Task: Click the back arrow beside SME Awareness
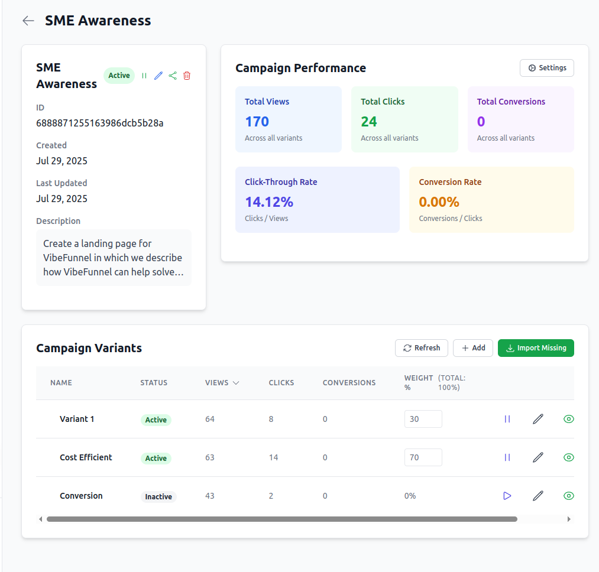[28, 21]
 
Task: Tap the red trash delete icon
[187, 76]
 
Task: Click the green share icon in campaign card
[173, 76]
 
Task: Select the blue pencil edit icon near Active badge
[158, 76]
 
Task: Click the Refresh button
[421, 348]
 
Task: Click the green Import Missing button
[536, 348]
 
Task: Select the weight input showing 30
[423, 419]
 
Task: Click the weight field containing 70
[423, 457]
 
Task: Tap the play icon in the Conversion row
[507, 496]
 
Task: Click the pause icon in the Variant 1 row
[507, 419]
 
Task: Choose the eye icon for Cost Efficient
[568, 457]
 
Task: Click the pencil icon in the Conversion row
[538, 496]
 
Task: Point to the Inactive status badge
[158, 496]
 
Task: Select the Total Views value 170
[257, 122]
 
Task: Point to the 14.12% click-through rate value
[269, 202]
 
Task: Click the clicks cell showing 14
[273, 457]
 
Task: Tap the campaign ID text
[99, 123]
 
